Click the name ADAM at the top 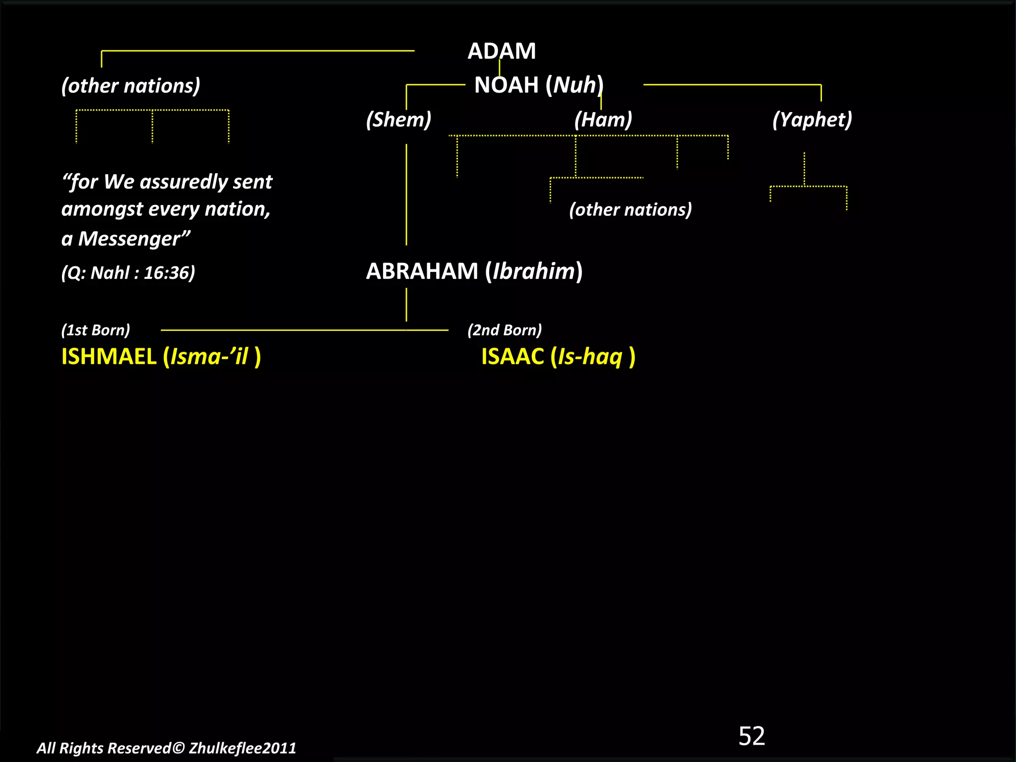(x=502, y=51)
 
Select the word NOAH (x=506, y=85)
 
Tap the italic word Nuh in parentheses (x=574, y=85)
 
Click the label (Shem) (x=398, y=120)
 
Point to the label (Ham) (x=603, y=120)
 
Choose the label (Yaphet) (x=812, y=120)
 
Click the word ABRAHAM (x=422, y=271)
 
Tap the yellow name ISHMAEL (x=109, y=357)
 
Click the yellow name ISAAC (x=512, y=357)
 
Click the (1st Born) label (x=95, y=330)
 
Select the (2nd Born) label (x=505, y=330)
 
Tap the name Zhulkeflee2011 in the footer (x=242, y=748)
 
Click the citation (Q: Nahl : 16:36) (x=128, y=272)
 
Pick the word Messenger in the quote (x=129, y=239)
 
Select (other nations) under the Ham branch (x=630, y=209)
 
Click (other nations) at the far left (x=130, y=86)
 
